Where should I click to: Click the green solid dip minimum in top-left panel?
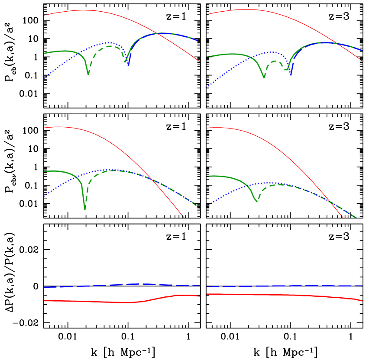pos(88,74)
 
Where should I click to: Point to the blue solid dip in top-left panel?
pos(129,65)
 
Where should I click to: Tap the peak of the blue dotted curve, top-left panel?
pos(110,43)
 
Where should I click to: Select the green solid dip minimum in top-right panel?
pos(264,77)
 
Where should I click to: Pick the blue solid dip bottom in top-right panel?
pos(291,75)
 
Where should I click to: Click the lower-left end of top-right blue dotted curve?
pos(207,87)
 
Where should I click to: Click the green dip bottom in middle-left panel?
pos(85,209)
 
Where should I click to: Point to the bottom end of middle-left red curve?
pos(184,217)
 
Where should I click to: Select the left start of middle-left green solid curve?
pos(45,172)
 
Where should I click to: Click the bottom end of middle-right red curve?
pos(343,217)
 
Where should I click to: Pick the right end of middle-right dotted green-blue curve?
pos(356,217)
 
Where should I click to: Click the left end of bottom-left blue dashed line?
pos(45,287)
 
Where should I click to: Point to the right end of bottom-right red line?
pos(362,301)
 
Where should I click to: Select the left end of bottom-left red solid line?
pos(45,300)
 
